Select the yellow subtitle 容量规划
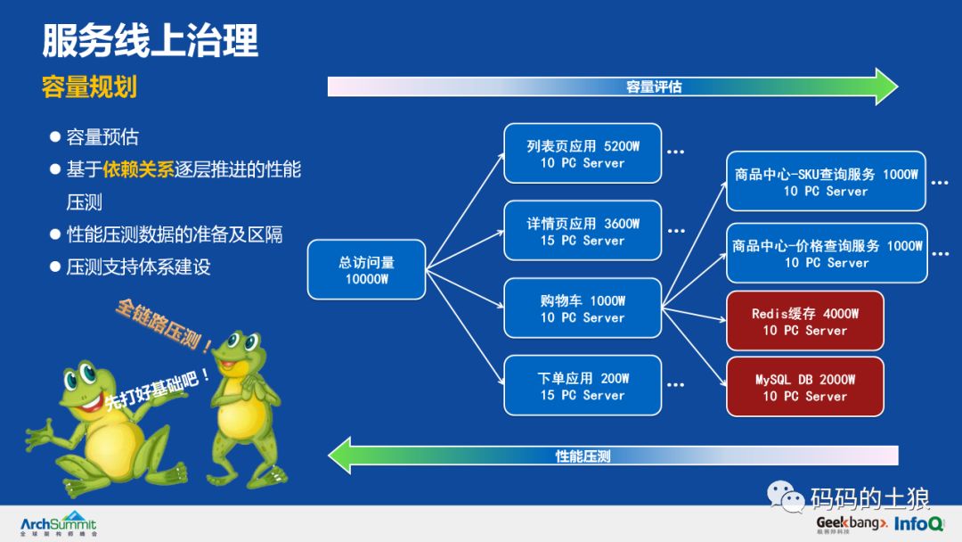[89, 87]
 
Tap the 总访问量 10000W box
[366, 270]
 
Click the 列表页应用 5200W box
[583, 153]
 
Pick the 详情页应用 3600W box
[583, 231]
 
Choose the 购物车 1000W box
[583, 308]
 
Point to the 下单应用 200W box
[583, 385]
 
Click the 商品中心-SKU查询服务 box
[826, 182]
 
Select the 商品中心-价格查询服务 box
[827, 253]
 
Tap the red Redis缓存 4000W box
[804, 321]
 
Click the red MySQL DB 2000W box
[804, 387]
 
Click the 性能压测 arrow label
[583, 456]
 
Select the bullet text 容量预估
[102, 137]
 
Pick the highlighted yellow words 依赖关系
[138, 169]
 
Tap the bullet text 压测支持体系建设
[138, 267]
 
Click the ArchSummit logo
[58, 524]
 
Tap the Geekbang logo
[851, 523]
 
